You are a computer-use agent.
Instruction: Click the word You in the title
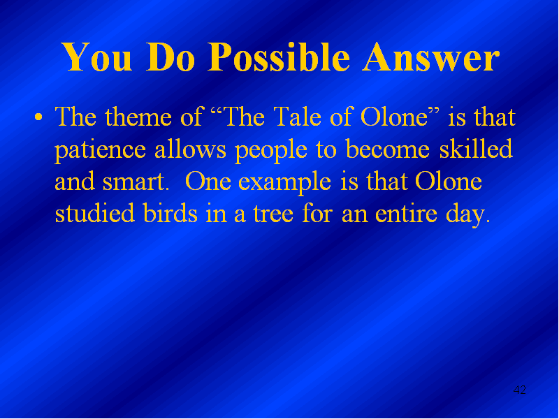point(96,58)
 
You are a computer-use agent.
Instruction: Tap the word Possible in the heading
point(278,58)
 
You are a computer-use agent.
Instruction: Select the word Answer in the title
point(430,58)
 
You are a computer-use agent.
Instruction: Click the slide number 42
point(519,390)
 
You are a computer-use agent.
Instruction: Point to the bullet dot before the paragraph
point(38,117)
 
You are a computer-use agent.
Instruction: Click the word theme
point(138,117)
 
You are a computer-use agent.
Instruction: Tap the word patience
point(100,151)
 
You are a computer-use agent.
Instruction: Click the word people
point(271,151)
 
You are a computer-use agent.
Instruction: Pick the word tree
point(273,214)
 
